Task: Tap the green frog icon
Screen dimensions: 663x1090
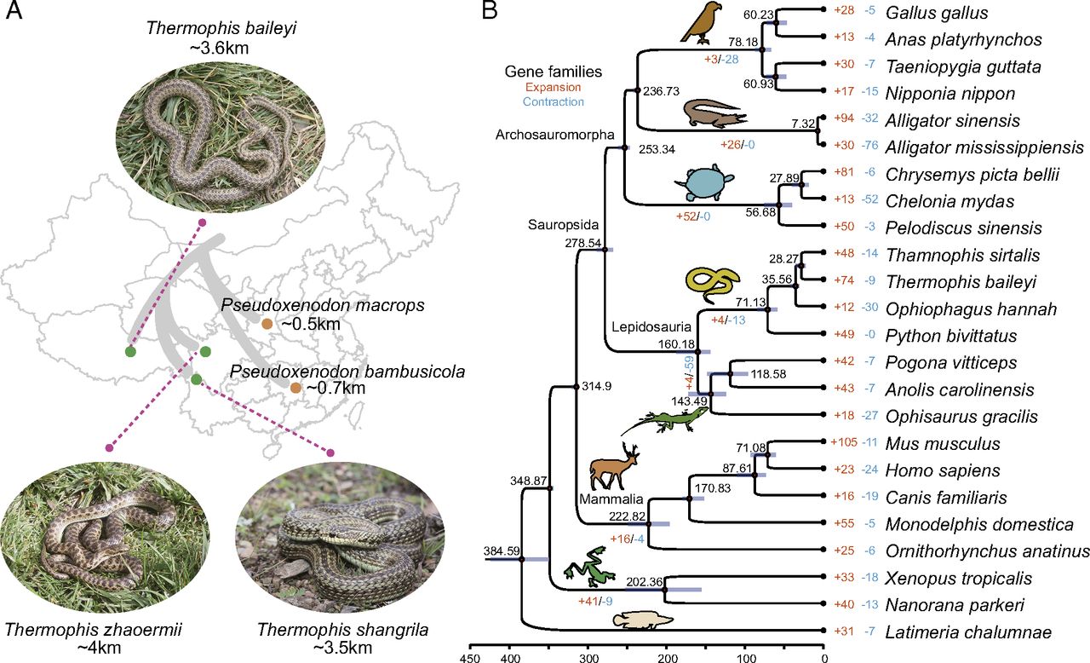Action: [591, 573]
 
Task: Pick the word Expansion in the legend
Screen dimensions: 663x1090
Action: [554, 87]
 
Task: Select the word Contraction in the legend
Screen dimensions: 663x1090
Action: [554, 101]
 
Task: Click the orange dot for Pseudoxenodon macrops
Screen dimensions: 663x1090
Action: [267, 324]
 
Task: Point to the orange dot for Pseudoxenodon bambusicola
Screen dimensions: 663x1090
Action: [295, 388]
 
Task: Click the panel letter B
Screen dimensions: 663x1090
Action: [490, 12]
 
